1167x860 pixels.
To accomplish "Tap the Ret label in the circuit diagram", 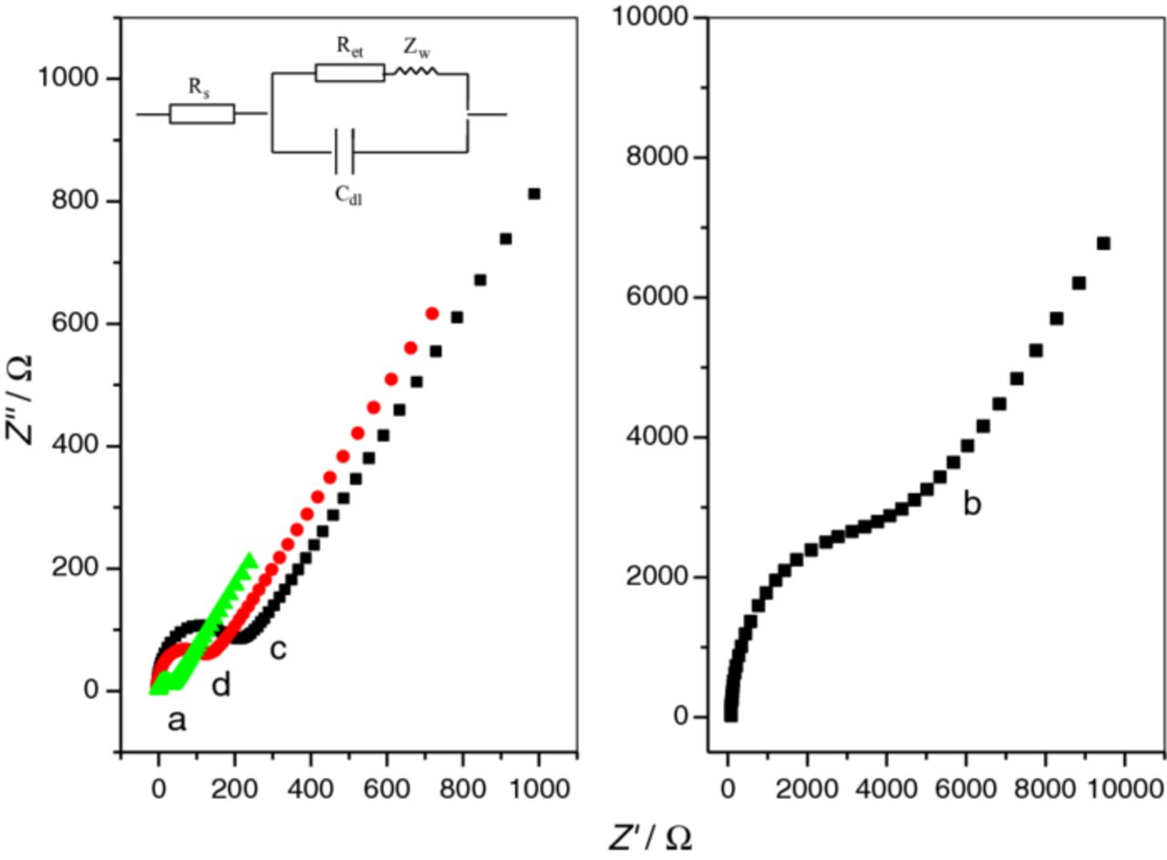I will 348,50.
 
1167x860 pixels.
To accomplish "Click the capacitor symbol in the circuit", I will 344,151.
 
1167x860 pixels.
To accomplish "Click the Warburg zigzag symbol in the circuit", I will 417,70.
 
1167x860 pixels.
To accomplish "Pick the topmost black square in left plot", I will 534,193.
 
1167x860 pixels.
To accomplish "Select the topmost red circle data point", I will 432,313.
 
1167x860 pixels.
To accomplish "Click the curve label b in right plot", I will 972,505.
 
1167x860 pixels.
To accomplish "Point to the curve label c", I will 278,650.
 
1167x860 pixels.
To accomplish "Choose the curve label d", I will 221,685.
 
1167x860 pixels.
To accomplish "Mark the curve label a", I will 177,722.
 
